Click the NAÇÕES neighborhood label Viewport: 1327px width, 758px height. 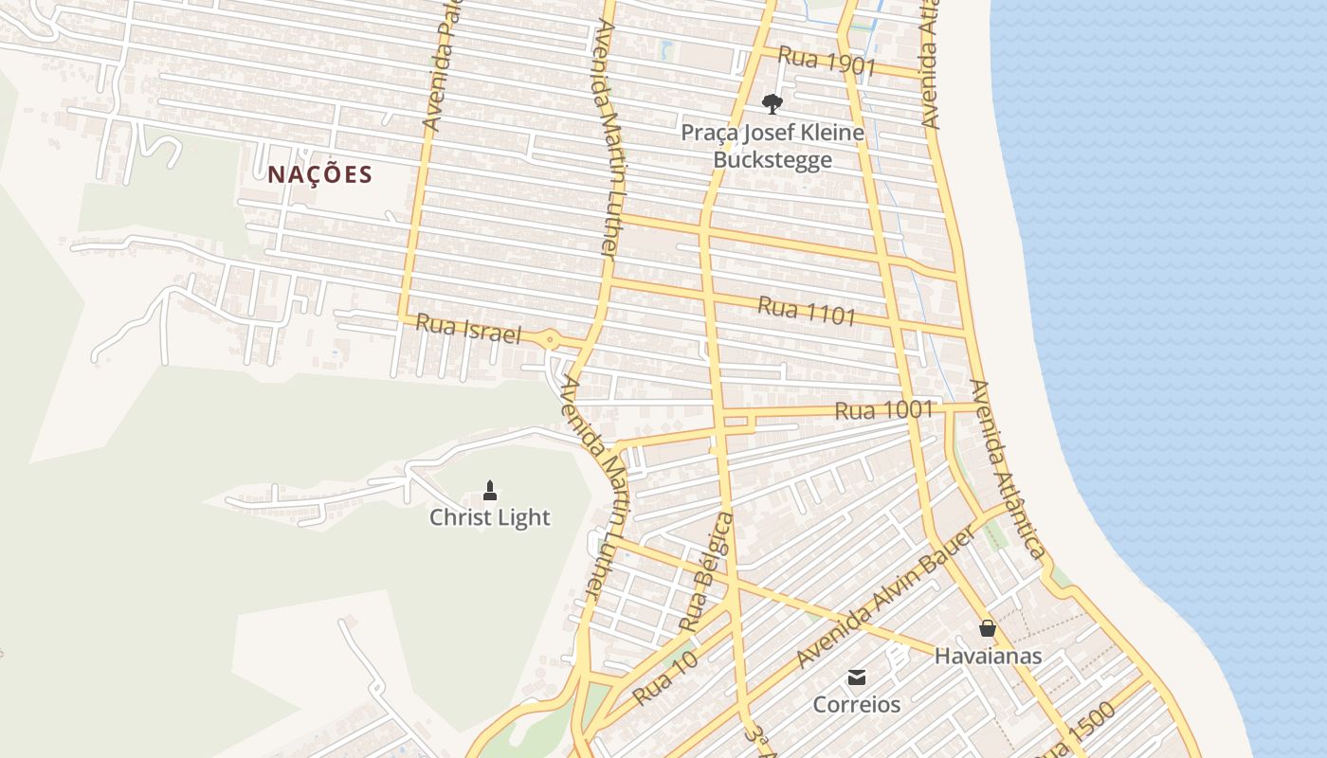pyautogui.click(x=319, y=174)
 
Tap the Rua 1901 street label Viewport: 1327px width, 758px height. pyautogui.click(x=826, y=60)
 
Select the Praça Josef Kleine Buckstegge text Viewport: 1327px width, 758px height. pyautogui.click(x=773, y=146)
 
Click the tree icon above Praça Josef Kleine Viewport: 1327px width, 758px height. pyautogui.click(x=773, y=103)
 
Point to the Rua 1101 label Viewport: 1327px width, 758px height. pyautogui.click(x=807, y=311)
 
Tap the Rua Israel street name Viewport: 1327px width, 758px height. pyautogui.click(x=469, y=330)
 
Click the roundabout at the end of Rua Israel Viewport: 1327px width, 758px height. pyautogui.click(x=550, y=338)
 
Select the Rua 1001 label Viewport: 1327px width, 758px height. pyautogui.click(x=883, y=410)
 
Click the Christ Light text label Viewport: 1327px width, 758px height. pyautogui.click(x=489, y=517)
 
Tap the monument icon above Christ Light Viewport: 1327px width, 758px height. pyautogui.click(x=490, y=490)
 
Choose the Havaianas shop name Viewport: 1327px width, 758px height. pyautogui.click(x=988, y=656)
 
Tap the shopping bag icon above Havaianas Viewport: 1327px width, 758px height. pyautogui.click(x=988, y=628)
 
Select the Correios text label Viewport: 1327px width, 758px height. pyautogui.click(x=857, y=705)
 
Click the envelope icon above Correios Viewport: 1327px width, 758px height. pyautogui.click(x=857, y=677)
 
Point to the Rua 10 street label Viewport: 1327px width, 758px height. pyautogui.click(x=665, y=678)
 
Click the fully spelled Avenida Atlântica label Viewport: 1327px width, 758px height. pyautogui.click(x=1008, y=470)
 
